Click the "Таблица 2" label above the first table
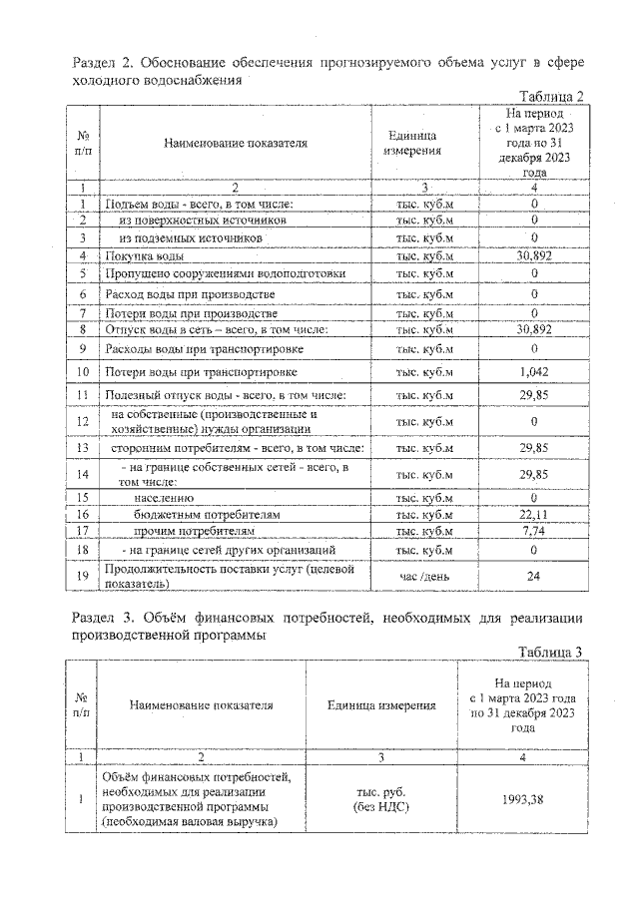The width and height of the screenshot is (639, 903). click(x=548, y=96)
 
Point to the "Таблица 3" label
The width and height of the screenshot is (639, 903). click(x=548, y=652)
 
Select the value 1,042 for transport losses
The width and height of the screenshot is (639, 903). click(x=535, y=372)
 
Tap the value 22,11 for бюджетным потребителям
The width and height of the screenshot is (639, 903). click(x=535, y=514)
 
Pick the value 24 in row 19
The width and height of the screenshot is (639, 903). click(x=535, y=575)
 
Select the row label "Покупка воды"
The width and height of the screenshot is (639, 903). click(x=144, y=256)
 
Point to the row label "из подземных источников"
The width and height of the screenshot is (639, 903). click(x=190, y=238)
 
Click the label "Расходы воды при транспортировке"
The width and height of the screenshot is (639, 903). click(x=204, y=349)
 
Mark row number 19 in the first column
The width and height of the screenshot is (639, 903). click(x=83, y=576)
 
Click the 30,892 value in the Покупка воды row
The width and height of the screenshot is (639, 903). click(x=535, y=256)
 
